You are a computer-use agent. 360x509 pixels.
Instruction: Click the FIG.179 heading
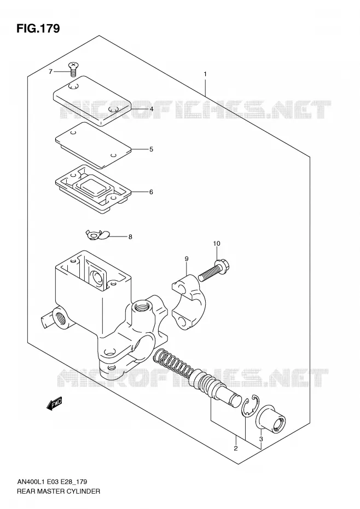tap(38, 28)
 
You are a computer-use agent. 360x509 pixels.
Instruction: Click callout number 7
tap(50, 72)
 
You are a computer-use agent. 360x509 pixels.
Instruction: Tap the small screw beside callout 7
tap(74, 70)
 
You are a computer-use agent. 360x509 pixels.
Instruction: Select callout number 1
tap(205, 74)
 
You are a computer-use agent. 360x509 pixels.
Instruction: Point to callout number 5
tap(151, 149)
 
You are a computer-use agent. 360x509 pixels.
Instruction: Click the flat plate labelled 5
tap(93, 145)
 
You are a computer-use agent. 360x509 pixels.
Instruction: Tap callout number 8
tap(130, 237)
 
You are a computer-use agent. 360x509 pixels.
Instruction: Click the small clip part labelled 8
tap(98, 235)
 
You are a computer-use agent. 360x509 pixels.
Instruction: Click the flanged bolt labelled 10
tap(214, 269)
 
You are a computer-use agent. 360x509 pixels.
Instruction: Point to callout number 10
tap(217, 244)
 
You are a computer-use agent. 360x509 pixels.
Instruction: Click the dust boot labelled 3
tap(271, 419)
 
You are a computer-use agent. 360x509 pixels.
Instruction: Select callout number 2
tap(236, 448)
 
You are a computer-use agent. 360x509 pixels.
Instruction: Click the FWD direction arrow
tap(54, 404)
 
